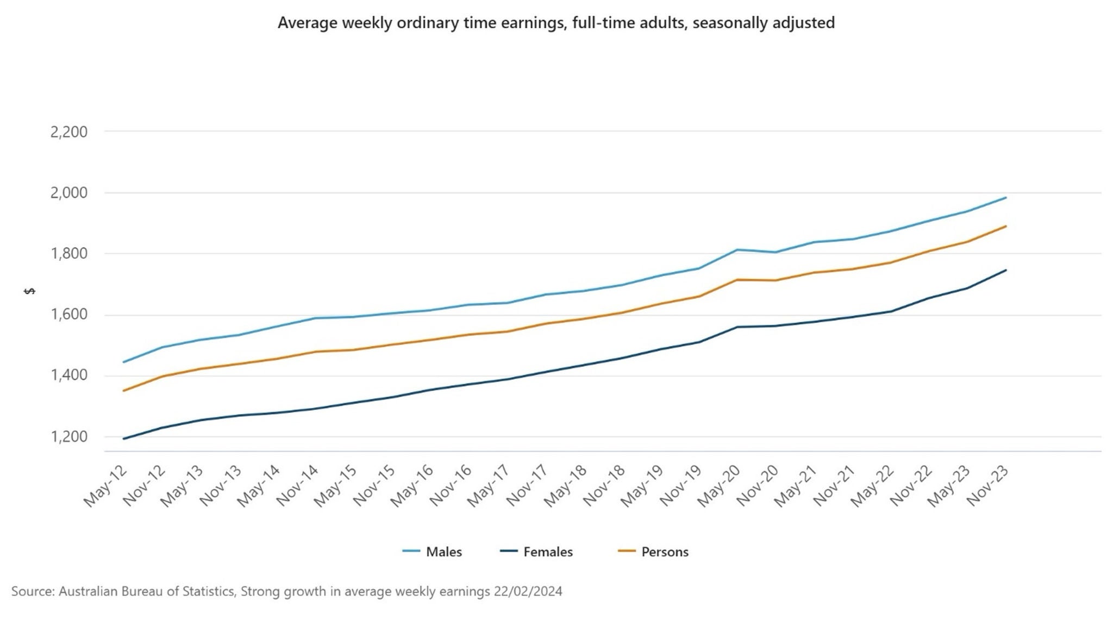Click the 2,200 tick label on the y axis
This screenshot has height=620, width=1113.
tap(68, 132)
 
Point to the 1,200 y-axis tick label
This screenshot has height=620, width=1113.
tap(68, 437)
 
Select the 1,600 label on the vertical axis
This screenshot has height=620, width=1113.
tap(68, 315)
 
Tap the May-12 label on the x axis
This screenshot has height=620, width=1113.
tap(105, 486)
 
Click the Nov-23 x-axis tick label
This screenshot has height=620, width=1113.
tap(988, 486)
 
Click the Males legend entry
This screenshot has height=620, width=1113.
tap(443, 552)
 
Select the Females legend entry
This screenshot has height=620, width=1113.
tap(548, 552)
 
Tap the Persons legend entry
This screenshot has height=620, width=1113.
tap(665, 552)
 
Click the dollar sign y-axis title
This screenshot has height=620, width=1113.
tap(30, 291)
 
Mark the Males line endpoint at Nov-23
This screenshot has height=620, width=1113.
tap(1006, 198)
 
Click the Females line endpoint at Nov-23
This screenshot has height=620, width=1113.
tap(1006, 270)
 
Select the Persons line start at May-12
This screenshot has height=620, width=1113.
tap(124, 391)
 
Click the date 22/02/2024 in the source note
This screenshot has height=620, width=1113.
tap(528, 591)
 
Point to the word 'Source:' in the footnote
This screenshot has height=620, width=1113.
tap(33, 591)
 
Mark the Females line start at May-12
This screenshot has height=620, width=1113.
tap(124, 439)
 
